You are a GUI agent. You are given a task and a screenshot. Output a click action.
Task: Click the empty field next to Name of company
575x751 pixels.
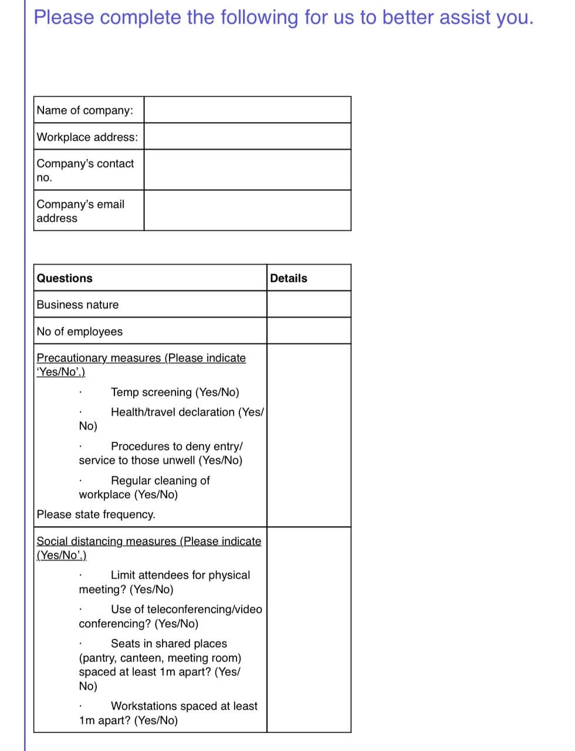pyautogui.click(x=247, y=110)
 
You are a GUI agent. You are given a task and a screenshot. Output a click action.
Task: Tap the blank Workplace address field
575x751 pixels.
pyautogui.click(x=247, y=136)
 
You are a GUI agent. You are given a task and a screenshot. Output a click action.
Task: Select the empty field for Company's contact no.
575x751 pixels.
pyautogui.click(x=247, y=170)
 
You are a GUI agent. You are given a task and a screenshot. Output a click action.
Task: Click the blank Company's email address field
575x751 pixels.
pyautogui.click(x=247, y=210)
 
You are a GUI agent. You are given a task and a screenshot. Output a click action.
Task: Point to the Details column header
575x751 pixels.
pyautogui.click(x=288, y=278)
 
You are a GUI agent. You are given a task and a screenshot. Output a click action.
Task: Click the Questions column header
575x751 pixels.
pyautogui.click(x=65, y=278)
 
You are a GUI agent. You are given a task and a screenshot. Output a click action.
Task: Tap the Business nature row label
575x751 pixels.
pyautogui.click(x=77, y=305)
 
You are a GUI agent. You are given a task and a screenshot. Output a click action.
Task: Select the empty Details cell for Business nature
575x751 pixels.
pyautogui.click(x=309, y=305)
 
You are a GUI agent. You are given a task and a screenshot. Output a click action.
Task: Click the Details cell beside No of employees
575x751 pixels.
pyautogui.click(x=309, y=331)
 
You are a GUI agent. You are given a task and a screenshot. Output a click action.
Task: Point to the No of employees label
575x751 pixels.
pyautogui.click(x=80, y=331)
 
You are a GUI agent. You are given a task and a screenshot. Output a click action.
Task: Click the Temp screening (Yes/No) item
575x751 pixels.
pyautogui.click(x=175, y=392)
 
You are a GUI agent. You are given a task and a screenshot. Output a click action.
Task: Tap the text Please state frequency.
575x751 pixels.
pyautogui.click(x=96, y=515)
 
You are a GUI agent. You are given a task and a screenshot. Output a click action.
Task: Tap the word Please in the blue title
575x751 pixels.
pyautogui.click(x=63, y=17)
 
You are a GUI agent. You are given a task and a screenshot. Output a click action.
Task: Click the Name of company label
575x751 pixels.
pyautogui.click(x=85, y=110)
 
